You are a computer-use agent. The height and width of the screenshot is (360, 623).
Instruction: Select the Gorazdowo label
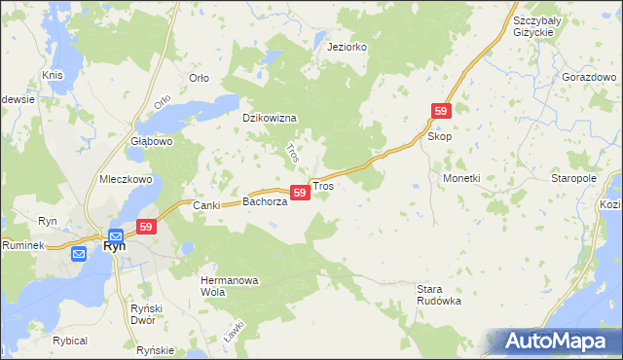point(587,76)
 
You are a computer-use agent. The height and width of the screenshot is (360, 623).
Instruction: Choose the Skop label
point(440,138)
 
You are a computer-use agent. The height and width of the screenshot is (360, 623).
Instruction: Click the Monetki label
point(461,179)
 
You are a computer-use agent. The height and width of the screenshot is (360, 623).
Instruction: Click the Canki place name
point(206,204)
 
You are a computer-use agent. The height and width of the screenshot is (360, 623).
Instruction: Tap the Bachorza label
point(264,202)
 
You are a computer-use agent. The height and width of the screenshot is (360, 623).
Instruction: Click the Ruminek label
point(24,246)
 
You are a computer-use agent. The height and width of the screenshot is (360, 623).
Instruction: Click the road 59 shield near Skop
point(441,113)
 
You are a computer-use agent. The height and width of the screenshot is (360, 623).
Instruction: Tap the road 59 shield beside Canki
point(146,227)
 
